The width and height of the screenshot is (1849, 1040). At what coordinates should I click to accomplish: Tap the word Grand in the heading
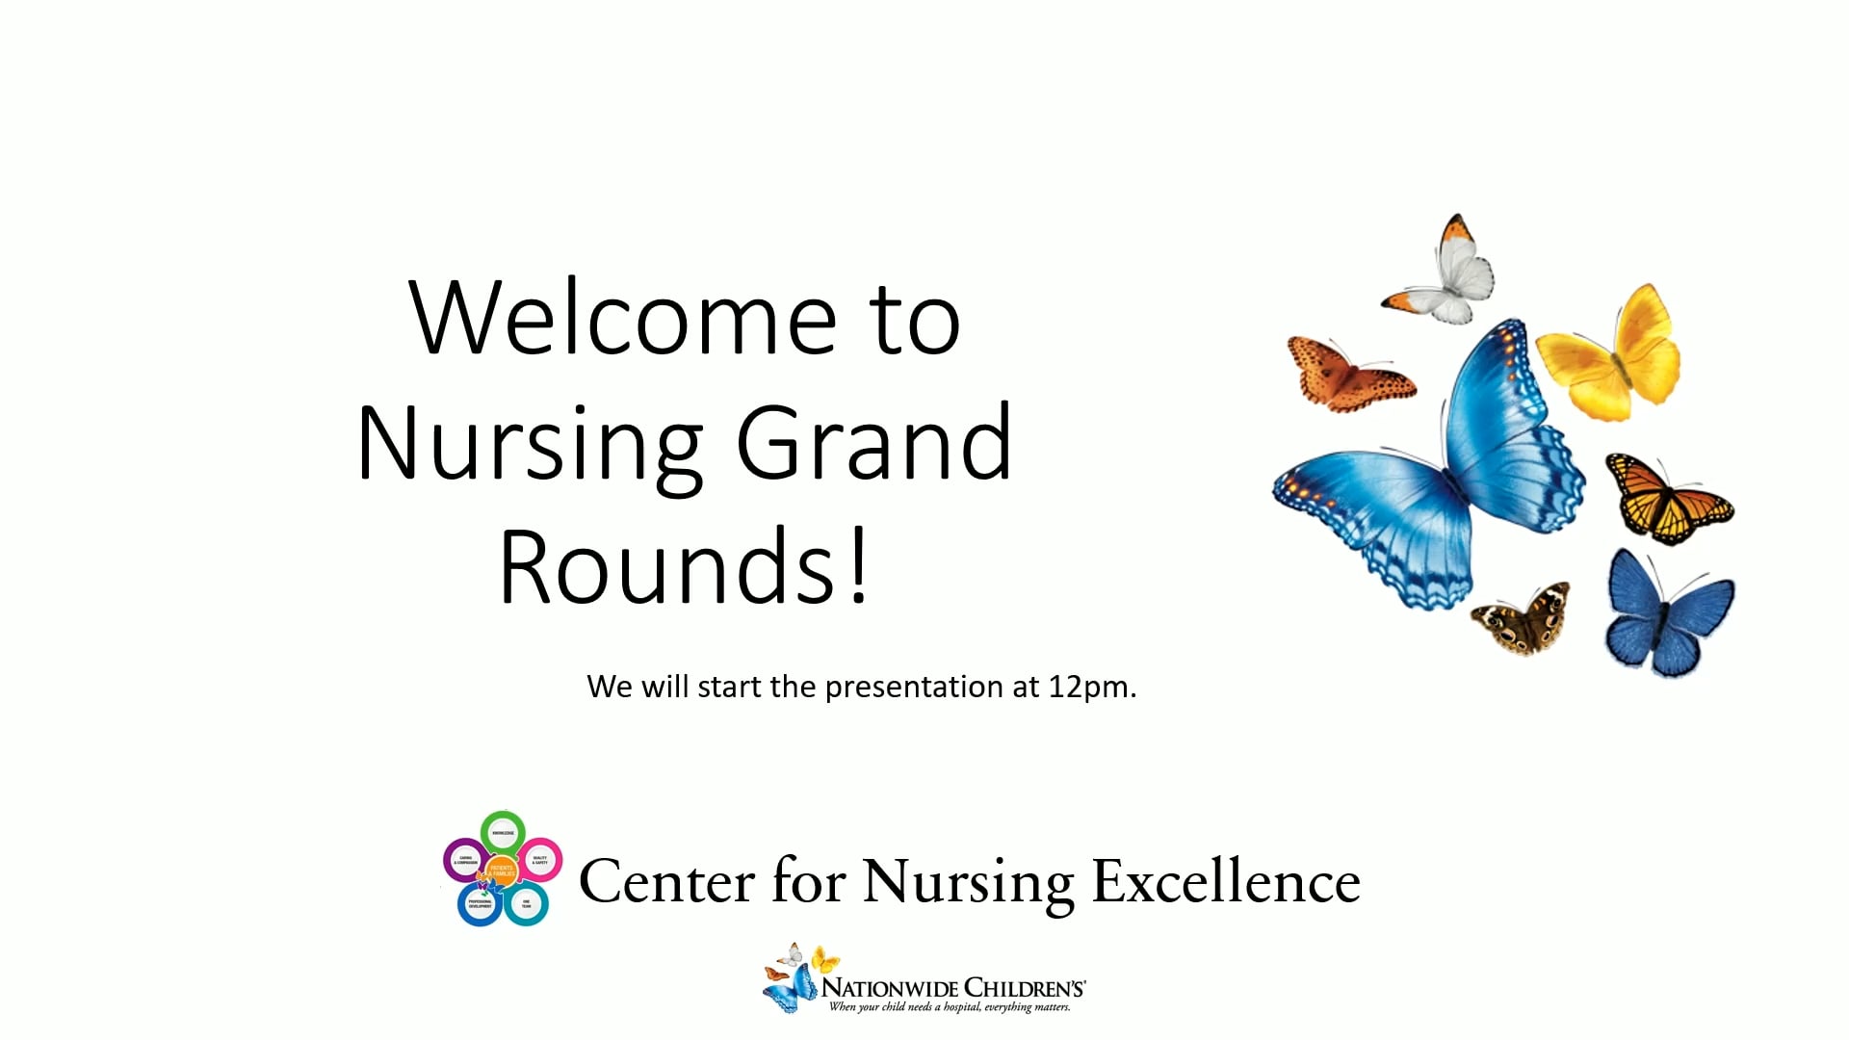tap(874, 443)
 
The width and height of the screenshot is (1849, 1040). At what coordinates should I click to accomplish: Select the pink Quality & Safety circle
tap(540, 859)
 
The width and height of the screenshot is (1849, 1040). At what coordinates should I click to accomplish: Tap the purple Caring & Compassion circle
tap(465, 860)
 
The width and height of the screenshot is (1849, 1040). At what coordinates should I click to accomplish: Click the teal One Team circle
tap(526, 904)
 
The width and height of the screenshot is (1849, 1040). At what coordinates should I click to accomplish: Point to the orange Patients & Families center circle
tap(502, 870)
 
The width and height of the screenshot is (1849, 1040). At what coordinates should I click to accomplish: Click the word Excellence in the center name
tap(1225, 882)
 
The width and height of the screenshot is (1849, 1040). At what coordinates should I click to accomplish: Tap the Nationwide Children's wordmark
tap(952, 988)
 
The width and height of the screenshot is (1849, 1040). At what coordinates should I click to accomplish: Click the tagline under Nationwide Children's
tap(950, 1008)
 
